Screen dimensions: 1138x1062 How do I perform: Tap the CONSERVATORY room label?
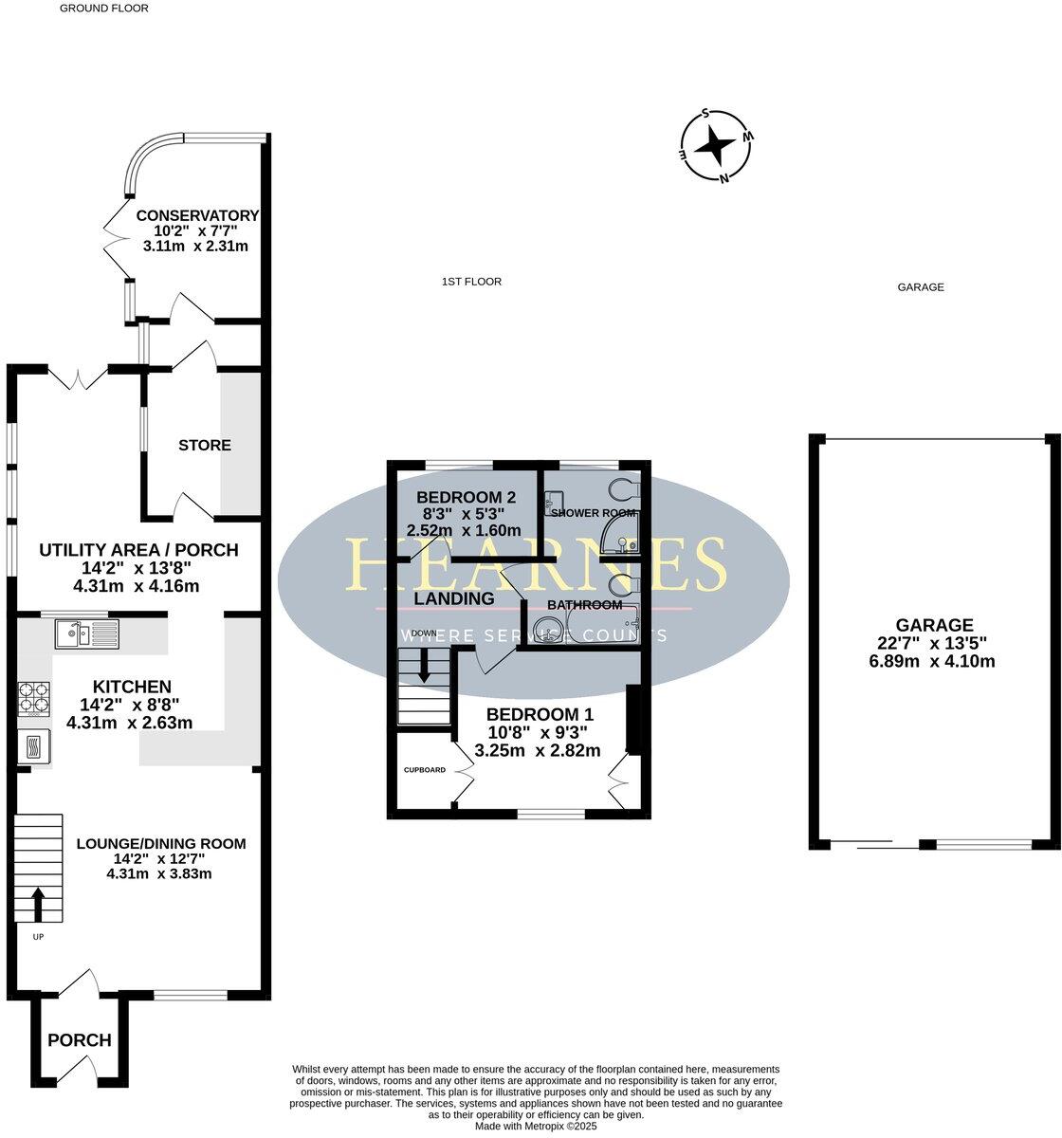pos(197,215)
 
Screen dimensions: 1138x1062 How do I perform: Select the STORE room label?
pos(205,445)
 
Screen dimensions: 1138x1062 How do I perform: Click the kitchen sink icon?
pos(85,633)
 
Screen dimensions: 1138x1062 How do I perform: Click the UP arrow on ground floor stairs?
pos(38,906)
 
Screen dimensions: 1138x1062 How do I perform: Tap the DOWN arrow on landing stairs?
pos(424,665)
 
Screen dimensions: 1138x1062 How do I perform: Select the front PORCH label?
pos(80,1040)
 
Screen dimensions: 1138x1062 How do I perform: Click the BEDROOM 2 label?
pos(466,497)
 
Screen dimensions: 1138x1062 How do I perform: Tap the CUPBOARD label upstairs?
pos(425,770)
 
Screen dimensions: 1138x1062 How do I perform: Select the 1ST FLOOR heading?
pos(471,282)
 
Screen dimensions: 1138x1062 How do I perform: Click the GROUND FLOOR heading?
pos(104,8)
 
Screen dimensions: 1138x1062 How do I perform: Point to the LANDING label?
pos(454,598)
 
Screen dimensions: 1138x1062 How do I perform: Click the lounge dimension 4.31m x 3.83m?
pos(159,873)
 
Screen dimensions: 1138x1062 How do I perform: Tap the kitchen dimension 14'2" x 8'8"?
pos(132,705)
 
